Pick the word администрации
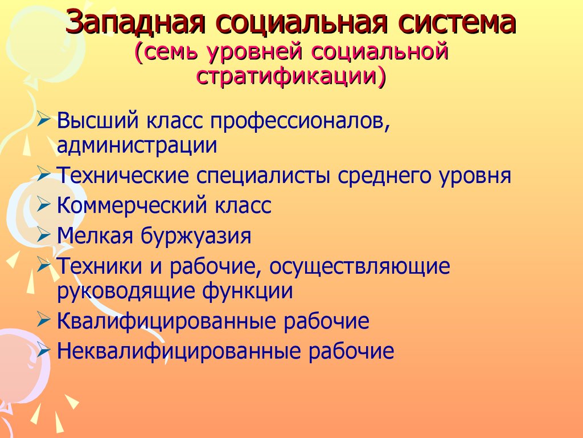[x=137, y=146]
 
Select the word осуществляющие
[x=360, y=266]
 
